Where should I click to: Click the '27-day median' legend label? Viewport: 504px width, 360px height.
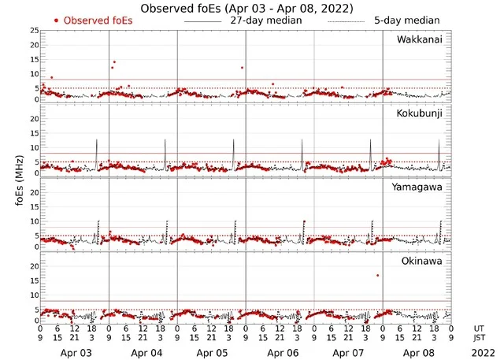pos(266,20)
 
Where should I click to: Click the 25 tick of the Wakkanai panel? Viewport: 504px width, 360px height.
pos(34,30)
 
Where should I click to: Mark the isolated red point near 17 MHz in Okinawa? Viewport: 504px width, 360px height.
pos(378,275)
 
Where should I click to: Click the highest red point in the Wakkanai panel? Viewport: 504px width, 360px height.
pos(114,61)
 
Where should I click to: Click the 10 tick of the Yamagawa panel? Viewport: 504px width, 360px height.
pos(34,222)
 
